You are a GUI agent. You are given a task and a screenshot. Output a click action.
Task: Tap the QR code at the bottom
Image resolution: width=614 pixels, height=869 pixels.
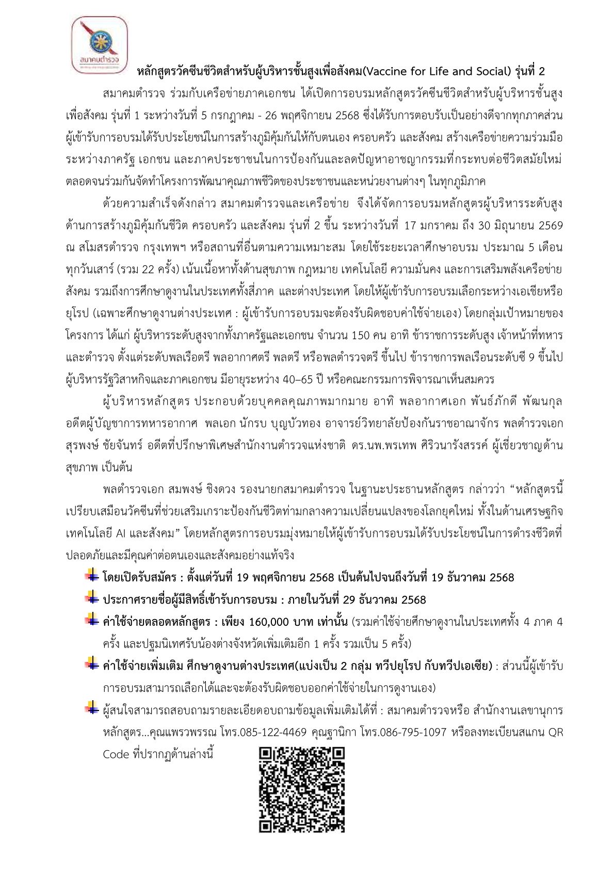[302, 789]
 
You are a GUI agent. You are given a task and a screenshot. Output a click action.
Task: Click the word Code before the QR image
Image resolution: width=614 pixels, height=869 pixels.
[116, 754]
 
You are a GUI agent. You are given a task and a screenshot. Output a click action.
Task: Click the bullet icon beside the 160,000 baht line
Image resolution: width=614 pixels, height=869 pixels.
[92, 620]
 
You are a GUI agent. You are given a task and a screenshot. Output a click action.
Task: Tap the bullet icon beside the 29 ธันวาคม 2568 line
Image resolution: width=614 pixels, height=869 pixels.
[92, 598]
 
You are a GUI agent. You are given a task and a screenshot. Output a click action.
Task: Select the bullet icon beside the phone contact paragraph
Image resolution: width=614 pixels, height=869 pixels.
[92, 709]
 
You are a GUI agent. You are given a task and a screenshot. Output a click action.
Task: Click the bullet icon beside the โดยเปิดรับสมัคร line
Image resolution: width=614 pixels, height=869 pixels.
[92, 576]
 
